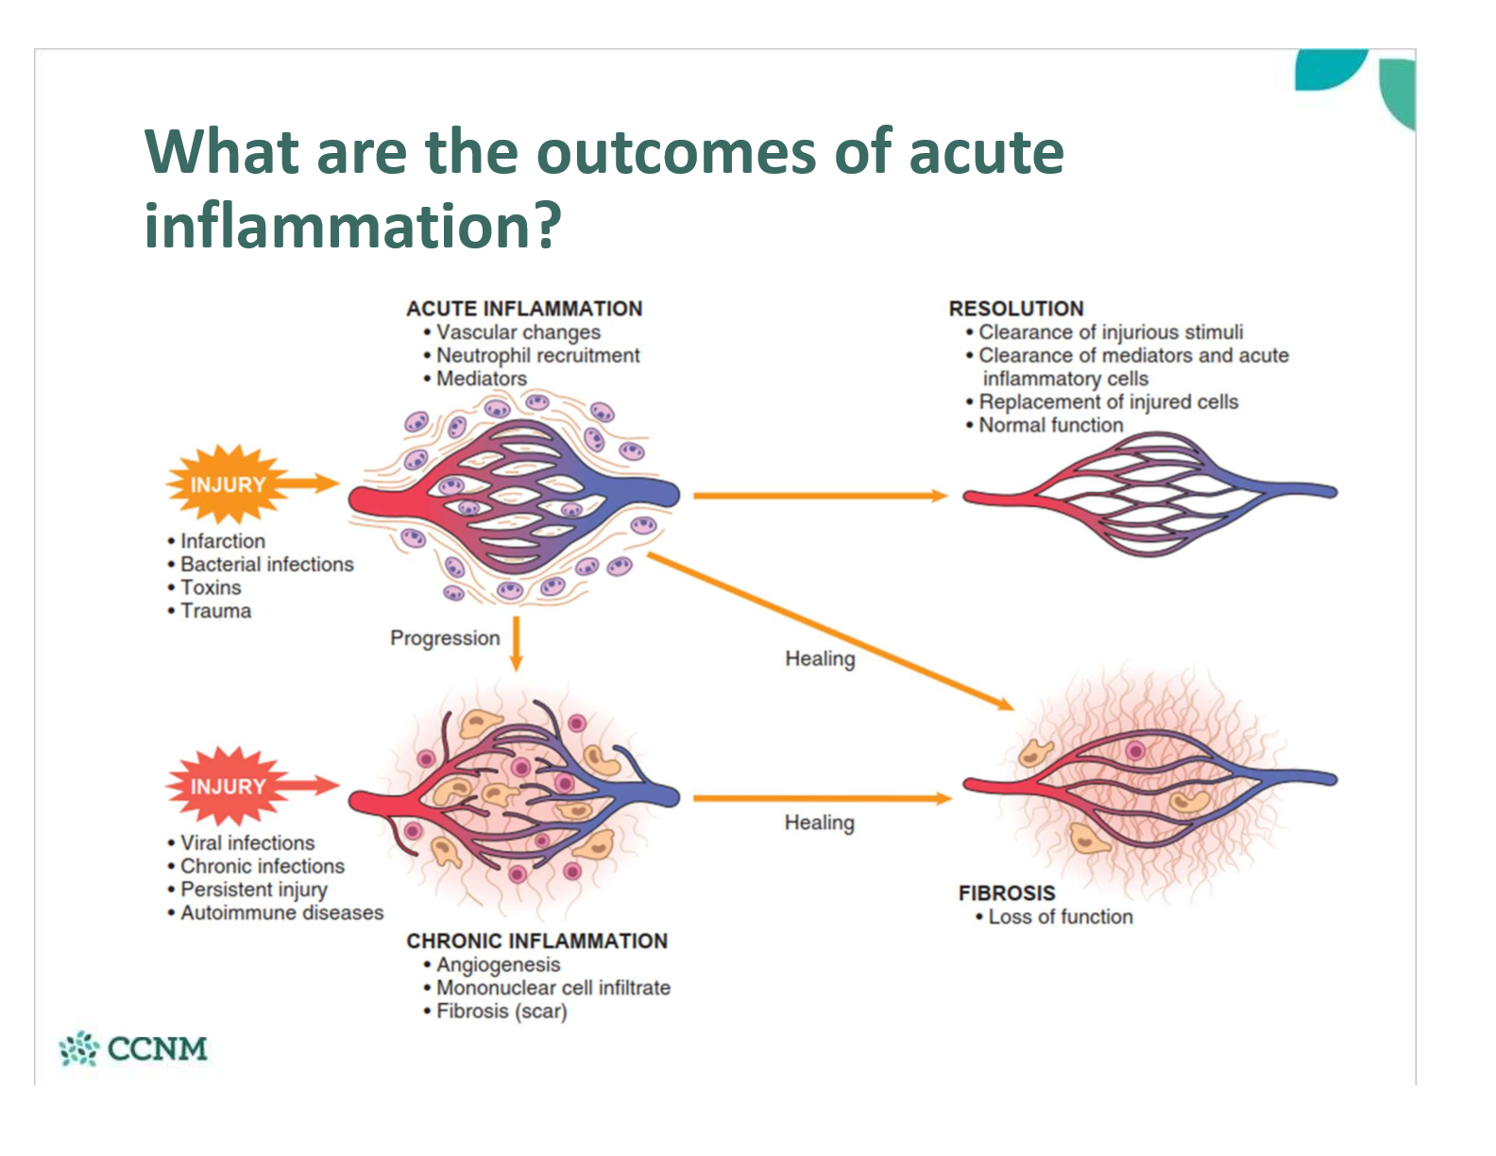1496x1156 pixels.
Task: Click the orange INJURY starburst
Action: click(x=228, y=484)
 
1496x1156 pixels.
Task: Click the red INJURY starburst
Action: click(x=228, y=786)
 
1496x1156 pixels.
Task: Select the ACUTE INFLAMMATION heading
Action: click(x=524, y=309)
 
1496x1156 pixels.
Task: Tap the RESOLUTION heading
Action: click(x=1016, y=309)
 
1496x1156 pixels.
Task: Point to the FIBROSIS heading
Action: click(x=1007, y=893)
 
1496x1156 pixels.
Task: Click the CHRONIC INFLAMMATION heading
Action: click(x=537, y=941)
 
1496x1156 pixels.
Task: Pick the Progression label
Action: click(x=445, y=638)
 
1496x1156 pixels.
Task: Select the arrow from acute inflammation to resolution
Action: click(x=821, y=495)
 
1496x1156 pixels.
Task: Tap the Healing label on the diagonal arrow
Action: click(x=820, y=659)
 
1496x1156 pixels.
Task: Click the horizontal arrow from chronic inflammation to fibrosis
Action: click(x=823, y=798)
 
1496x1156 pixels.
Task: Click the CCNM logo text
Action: click(x=157, y=1048)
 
